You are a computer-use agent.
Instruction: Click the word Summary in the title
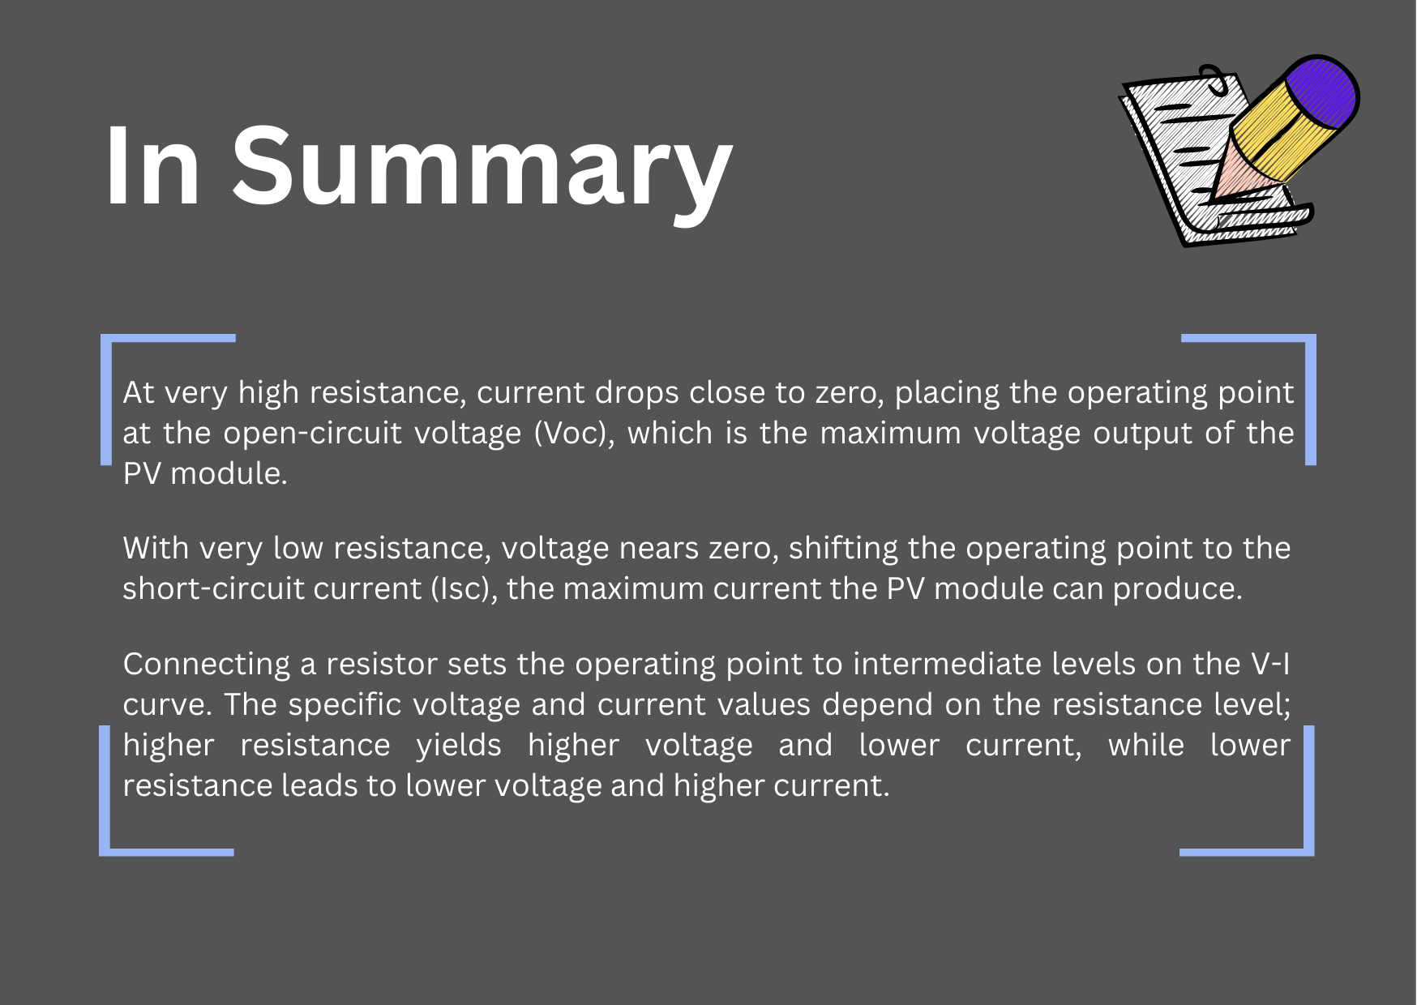pos(482,169)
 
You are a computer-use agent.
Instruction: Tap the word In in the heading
pos(153,165)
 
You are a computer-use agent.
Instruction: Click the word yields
pos(459,746)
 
